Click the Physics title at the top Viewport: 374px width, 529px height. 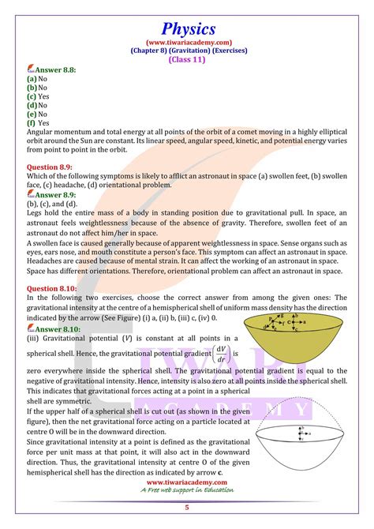(187, 15)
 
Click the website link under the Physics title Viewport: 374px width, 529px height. (187, 32)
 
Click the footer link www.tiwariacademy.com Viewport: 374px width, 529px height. (186, 482)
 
